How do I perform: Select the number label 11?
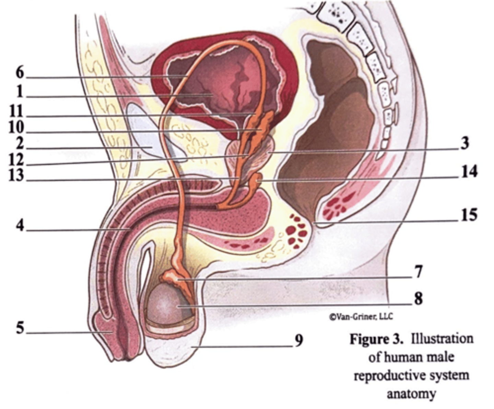coord(16,112)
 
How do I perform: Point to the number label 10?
coord(16,128)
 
